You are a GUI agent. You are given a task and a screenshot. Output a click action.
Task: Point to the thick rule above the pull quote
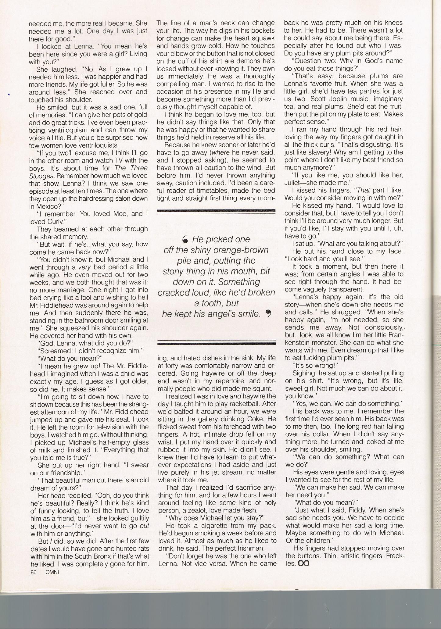click(216, 210)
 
